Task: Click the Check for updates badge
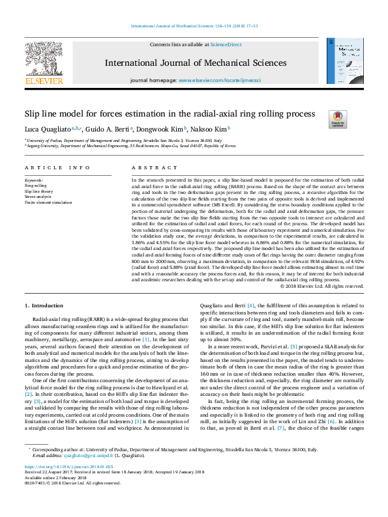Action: point(338,119)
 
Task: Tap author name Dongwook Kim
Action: point(160,129)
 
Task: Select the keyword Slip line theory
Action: point(38,192)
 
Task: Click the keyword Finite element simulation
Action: point(48,203)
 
